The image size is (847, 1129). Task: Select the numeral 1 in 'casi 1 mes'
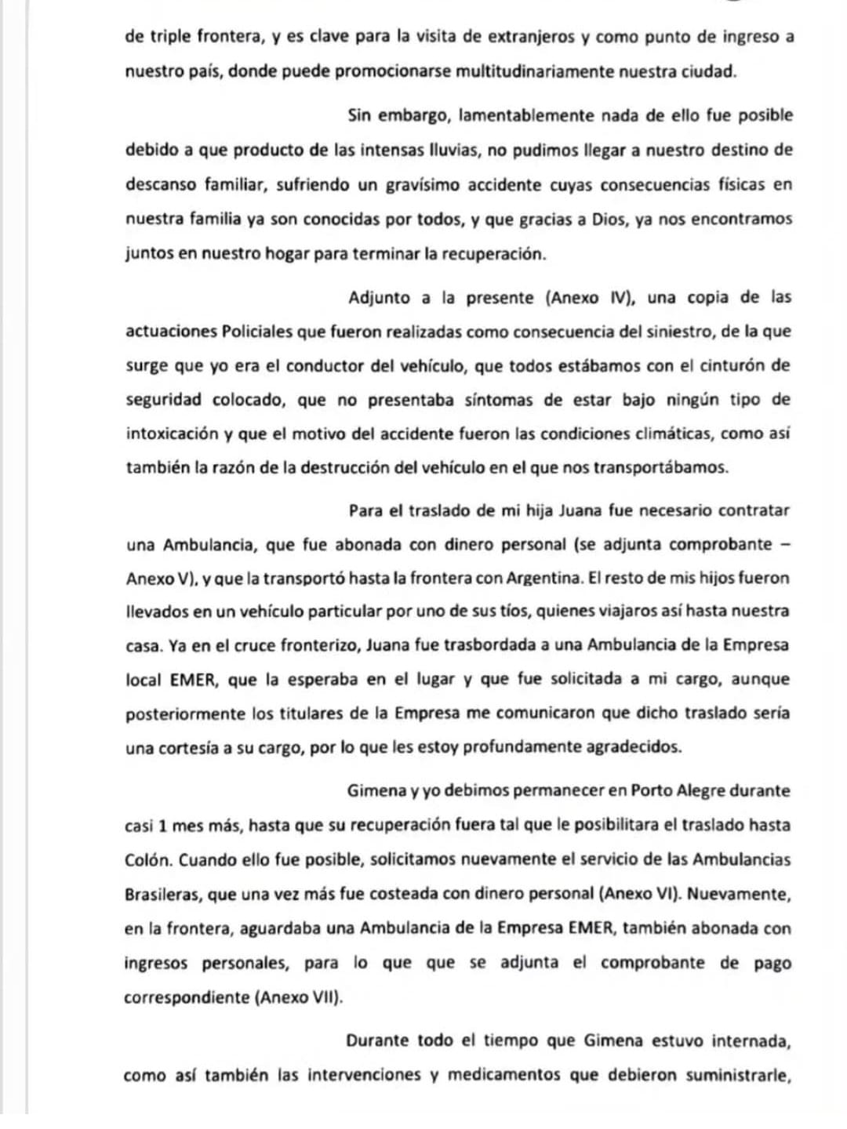pyautogui.click(x=162, y=825)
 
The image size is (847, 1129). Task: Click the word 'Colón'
pyautogui.click(x=147, y=859)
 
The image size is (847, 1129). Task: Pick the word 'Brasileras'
pyautogui.click(x=162, y=894)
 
